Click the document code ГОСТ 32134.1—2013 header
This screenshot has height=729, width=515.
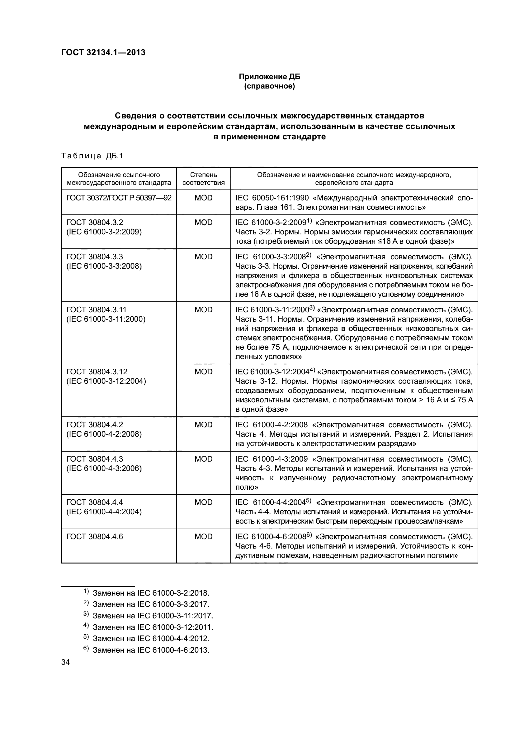[103, 52]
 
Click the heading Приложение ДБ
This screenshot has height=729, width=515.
[269, 77]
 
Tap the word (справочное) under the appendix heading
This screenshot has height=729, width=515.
[269, 86]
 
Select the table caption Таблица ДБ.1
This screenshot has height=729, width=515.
[92, 156]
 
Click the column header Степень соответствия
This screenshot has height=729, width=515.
[203, 179]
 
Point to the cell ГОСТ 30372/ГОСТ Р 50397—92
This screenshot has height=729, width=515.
[119, 198]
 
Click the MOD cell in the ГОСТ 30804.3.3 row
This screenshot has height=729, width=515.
[203, 257]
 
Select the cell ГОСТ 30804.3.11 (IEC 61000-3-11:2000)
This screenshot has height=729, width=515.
[106, 314]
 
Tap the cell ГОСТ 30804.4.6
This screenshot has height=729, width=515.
[95, 537]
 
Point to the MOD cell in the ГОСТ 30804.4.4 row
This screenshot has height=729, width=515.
[203, 502]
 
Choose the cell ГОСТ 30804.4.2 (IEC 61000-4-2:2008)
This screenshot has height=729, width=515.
[104, 429]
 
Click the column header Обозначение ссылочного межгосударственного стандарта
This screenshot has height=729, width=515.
[119, 179]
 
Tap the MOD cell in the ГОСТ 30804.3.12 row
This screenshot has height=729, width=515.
[203, 372]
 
